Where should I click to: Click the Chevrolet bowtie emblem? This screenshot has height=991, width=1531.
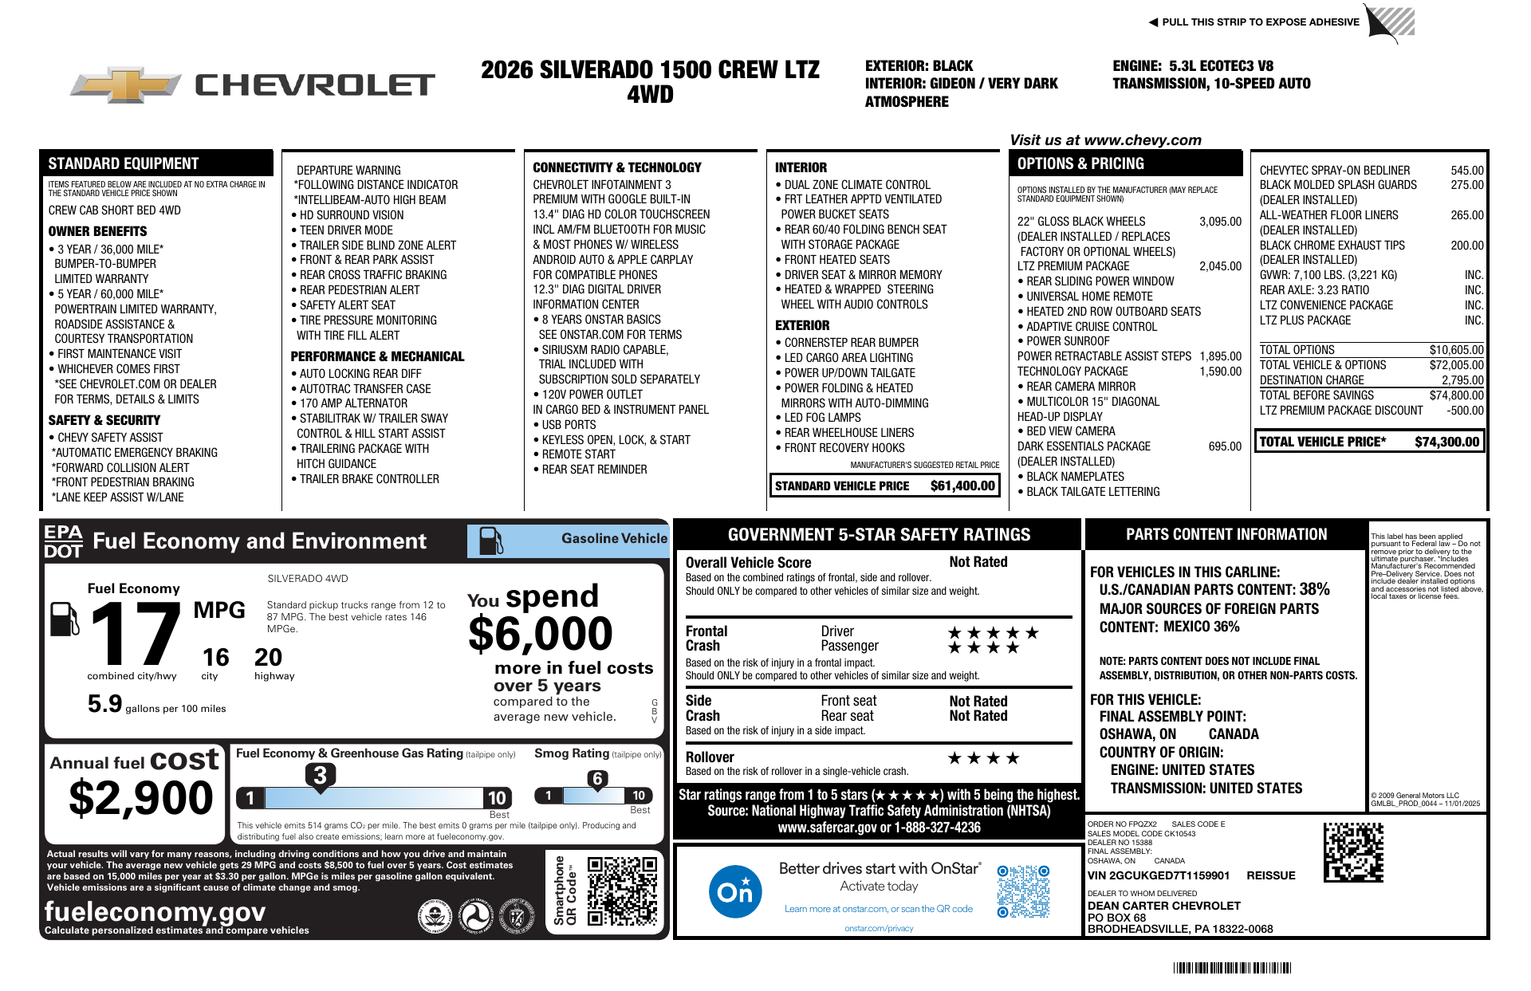pyautogui.click(x=125, y=85)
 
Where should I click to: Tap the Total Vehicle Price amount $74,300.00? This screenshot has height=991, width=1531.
pyautogui.click(x=1446, y=442)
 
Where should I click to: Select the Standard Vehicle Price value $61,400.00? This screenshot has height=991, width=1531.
pyautogui.click(x=962, y=486)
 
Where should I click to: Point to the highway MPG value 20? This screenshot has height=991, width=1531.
pyautogui.click(x=268, y=658)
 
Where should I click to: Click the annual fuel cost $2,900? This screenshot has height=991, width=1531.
pyautogui.click(x=141, y=798)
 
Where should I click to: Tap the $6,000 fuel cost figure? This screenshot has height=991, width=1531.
pyautogui.click(x=540, y=635)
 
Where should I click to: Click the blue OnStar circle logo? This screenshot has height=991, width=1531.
pyautogui.click(x=734, y=891)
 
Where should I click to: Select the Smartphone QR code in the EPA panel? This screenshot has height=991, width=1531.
pyautogui.click(x=622, y=891)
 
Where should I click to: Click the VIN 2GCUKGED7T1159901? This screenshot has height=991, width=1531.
pyautogui.click(x=1159, y=875)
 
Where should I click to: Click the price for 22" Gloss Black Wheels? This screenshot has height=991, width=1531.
pyautogui.click(x=1220, y=222)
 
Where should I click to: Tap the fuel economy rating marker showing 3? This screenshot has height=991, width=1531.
pyautogui.click(x=320, y=775)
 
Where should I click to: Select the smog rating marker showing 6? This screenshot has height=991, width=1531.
pyautogui.click(x=597, y=779)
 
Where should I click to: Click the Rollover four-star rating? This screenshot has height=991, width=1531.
pyautogui.click(x=982, y=758)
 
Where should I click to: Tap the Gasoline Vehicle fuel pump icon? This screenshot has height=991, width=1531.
pyautogui.click(x=490, y=541)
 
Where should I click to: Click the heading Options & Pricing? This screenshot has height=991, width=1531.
pyautogui.click(x=1080, y=163)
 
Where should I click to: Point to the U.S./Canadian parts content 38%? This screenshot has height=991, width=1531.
pyautogui.click(x=1314, y=589)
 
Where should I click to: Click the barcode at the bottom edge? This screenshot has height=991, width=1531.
pyautogui.click(x=1231, y=968)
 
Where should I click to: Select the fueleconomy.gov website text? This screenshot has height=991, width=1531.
pyautogui.click(x=155, y=911)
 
